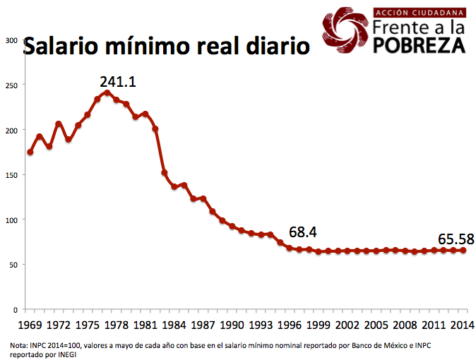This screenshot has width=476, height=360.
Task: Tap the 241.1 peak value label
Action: [117, 82]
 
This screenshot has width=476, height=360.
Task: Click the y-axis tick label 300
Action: [11, 40]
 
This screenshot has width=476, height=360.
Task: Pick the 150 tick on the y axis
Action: [11, 175]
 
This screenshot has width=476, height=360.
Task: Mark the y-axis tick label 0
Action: [15, 310]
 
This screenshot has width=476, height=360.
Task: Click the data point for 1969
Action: [30, 152]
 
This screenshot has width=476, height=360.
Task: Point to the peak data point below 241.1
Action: [107, 92]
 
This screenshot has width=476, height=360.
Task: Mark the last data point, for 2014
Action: [463, 250]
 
